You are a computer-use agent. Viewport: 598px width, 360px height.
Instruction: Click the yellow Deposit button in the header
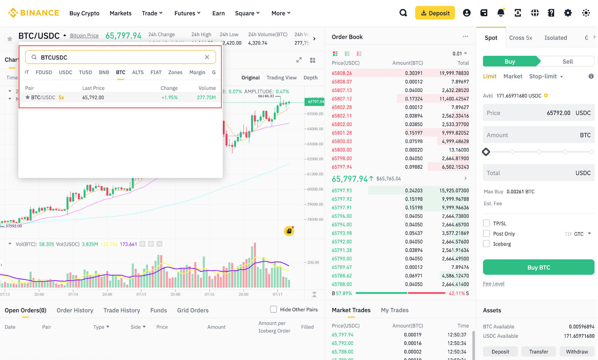(x=435, y=13)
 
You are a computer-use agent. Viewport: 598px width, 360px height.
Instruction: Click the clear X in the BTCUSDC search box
(x=207, y=57)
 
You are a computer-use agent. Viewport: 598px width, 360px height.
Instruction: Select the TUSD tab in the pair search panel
(x=85, y=73)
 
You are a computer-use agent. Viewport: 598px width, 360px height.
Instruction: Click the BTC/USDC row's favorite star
(x=27, y=98)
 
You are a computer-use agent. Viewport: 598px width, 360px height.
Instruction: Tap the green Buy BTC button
(x=538, y=267)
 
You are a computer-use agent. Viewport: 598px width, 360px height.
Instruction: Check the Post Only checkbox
(x=486, y=234)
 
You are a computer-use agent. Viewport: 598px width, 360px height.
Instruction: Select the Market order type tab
(x=512, y=76)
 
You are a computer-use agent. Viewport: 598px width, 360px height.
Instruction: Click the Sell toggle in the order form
(x=567, y=62)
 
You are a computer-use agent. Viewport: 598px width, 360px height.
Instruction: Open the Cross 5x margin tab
(x=520, y=38)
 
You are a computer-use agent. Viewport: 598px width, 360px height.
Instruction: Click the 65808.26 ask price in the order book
(x=342, y=73)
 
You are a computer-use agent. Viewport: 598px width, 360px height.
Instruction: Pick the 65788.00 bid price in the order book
(x=342, y=284)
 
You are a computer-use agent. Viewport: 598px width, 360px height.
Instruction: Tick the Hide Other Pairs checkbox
(x=274, y=310)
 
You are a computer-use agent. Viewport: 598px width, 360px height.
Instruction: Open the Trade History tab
(x=121, y=310)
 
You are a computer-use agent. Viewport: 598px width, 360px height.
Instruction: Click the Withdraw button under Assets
(x=576, y=352)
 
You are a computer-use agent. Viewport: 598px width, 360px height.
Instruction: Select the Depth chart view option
(x=310, y=78)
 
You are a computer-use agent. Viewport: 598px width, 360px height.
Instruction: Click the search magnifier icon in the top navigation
(x=403, y=13)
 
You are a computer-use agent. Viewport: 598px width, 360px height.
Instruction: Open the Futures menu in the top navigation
(x=187, y=13)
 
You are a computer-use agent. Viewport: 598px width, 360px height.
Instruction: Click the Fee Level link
(x=493, y=284)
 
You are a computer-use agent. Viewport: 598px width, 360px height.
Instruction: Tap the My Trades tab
(x=394, y=310)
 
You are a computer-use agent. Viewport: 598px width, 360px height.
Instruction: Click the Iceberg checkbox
(x=486, y=244)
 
